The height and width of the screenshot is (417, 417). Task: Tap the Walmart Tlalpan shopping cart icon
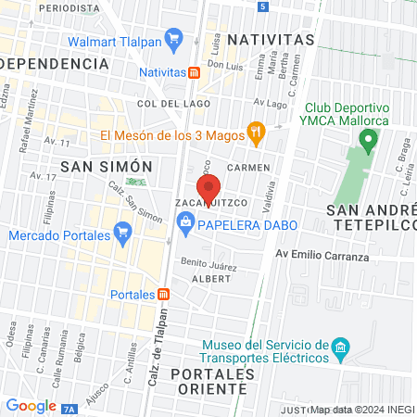pos(173,38)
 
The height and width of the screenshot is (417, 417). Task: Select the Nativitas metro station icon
pos(194,71)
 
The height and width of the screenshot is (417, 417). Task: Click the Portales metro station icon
pos(164,294)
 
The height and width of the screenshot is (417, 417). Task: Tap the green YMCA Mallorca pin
pos(369,142)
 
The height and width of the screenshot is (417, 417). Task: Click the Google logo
pos(31,405)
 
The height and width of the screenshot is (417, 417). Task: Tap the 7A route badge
pos(72,406)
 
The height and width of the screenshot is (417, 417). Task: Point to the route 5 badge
pos(263,6)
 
